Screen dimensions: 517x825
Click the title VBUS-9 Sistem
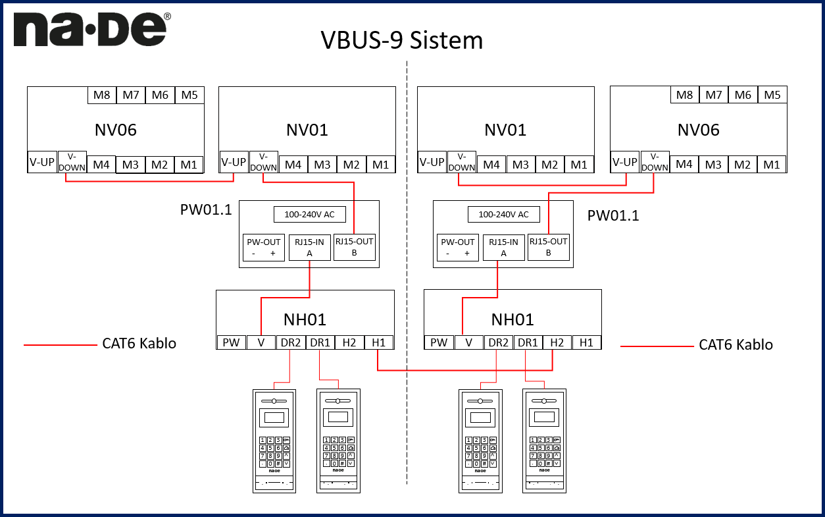click(x=401, y=40)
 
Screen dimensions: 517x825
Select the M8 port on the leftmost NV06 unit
click(x=101, y=95)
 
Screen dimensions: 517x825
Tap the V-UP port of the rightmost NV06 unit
click(x=624, y=163)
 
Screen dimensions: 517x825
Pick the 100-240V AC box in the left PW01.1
click(x=309, y=215)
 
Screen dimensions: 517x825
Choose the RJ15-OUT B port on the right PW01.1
click(x=548, y=247)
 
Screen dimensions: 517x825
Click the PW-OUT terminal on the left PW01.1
click(x=263, y=248)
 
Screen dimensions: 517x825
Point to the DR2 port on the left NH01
click(x=290, y=342)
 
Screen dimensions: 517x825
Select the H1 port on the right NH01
click(x=586, y=342)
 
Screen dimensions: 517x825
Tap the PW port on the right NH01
click(x=438, y=342)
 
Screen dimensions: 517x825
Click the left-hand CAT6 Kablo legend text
click(x=139, y=344)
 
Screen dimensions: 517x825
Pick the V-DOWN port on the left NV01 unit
click(x=264, y=163)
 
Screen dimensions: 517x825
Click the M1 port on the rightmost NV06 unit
click(x=772, y=164)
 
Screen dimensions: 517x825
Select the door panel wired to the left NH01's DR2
click(x=274, y=441)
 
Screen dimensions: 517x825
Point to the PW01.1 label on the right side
click(x=613, y=215)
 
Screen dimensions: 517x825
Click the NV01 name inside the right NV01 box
click(x=505, y=130)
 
